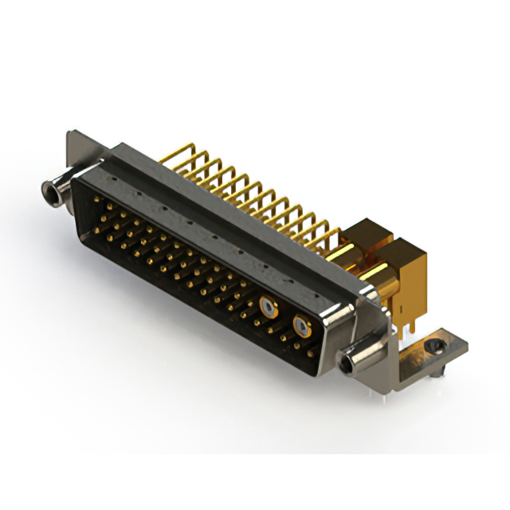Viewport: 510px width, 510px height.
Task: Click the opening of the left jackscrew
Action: pyautogui.click(x=50, y=190)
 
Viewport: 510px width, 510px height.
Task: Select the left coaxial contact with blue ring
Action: pyautogui.click(x=267, y=304)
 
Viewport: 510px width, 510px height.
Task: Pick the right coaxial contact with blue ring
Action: pyautogui.click(x=301, y=324)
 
